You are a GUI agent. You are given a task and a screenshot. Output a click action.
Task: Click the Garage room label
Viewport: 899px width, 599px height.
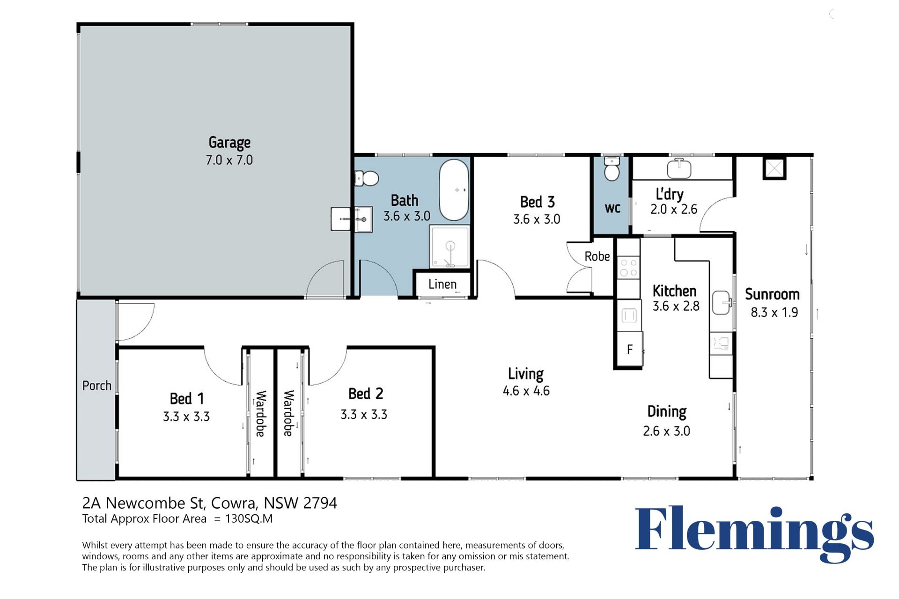(x=229, y=142)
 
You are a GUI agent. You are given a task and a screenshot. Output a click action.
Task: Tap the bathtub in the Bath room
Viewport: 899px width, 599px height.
(x=454, y=190)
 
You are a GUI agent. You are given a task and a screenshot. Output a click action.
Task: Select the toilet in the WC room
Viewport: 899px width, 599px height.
(x=612, y=168)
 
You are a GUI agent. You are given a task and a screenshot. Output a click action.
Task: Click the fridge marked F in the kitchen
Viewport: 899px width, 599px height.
(x=629, y=349)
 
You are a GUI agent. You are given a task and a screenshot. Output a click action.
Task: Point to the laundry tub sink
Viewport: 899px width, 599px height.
(x=679, y=168)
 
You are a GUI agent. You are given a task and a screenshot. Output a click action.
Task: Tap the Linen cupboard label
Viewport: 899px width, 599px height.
(x=442, y=284)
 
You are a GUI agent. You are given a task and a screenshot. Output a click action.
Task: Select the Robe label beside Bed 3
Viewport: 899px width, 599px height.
(x=597, y=256)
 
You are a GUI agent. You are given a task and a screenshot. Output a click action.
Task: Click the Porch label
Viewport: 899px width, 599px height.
(x=97, y=386)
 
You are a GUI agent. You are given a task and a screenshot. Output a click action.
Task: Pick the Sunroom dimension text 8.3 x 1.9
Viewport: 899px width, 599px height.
(x=774, y=312)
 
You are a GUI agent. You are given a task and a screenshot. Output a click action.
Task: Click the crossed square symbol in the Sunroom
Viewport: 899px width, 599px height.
(x=774, y=168)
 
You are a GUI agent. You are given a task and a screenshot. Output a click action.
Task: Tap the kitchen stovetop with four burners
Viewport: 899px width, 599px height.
(x=628, y=267)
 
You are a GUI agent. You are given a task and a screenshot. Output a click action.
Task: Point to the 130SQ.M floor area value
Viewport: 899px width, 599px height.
(x=249, y=519)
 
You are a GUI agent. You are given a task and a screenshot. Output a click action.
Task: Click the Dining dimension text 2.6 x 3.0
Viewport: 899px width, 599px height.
(x=666, y=431)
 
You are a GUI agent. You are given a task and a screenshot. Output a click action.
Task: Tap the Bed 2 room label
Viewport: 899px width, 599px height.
(x=366, y=394)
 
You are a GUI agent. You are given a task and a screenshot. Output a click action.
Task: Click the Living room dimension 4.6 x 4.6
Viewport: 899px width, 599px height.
(x=526, y=391)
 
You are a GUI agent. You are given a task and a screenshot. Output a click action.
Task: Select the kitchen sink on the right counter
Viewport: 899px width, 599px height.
(x=722, y=302)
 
